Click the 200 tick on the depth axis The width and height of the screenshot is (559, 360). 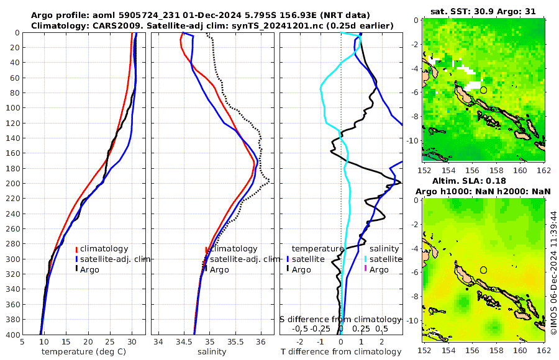click(x=13, y=183)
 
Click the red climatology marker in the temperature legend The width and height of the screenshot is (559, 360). click(x=77, y=249)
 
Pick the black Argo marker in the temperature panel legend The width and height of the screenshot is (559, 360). click(x=77, y=269)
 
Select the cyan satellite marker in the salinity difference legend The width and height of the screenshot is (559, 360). click(x=366, y=259)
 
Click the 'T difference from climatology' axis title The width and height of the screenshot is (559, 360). click(x=341, y=352)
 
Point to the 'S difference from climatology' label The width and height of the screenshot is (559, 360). click(x=340, y=319)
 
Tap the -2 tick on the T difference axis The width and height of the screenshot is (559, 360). click(x=301, y=341)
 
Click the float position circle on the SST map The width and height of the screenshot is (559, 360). click(x=484, y=90)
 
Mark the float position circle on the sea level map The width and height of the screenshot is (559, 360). click(x=484, y=270)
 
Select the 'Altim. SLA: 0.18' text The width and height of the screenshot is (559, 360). click(x=485, y=180)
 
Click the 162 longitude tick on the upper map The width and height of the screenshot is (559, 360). click(x=543, y=169)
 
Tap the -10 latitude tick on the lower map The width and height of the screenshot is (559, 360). click(x=414, y=321)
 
